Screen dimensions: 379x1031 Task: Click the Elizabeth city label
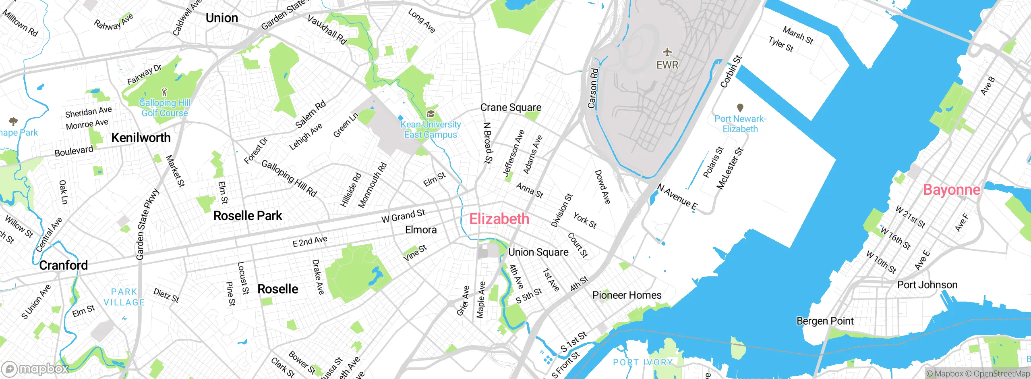499,219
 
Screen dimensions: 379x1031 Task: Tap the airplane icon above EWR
667,52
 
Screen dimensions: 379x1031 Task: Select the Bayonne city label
951,189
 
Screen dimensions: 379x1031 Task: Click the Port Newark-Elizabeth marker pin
740,108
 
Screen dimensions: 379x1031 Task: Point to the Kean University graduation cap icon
430,114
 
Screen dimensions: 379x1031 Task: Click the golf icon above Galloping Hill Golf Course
164,92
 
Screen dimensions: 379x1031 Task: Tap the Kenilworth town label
141,137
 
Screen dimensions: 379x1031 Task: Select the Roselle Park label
248,216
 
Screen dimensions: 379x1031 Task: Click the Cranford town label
63,265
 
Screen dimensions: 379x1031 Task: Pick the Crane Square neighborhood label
511,108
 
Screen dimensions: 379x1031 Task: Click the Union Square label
538,252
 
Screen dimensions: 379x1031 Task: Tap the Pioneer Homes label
627,295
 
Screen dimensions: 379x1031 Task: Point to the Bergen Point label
825,321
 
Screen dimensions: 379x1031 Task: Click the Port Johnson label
927,285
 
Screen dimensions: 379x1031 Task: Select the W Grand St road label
403,216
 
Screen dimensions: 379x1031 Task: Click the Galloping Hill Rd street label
289,178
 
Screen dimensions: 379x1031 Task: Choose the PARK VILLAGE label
124,297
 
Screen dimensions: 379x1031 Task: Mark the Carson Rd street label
593,88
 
